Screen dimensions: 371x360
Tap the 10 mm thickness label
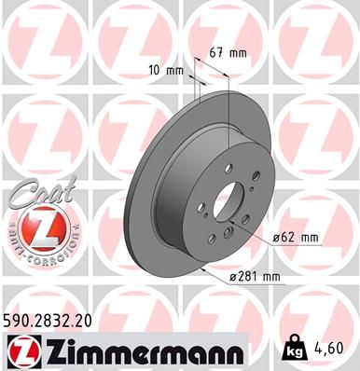click(164, 69)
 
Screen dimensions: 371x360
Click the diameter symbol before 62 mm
click(279, 239)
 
